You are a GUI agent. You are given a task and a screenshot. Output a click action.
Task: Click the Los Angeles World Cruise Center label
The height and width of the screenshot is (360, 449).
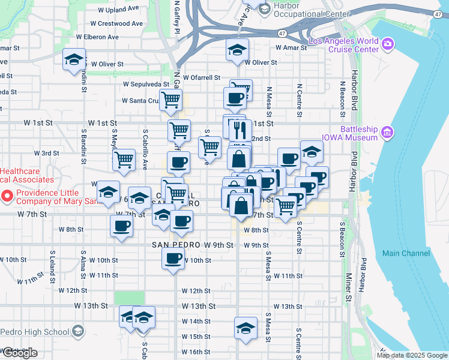click(343, 46)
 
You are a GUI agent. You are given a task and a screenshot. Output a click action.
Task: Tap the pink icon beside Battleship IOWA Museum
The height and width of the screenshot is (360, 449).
click(388, 131)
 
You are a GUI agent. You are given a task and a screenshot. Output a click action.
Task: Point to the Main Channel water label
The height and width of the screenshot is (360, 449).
click(406, 253)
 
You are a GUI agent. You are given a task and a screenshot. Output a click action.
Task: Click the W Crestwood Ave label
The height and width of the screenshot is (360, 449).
click(117, 23)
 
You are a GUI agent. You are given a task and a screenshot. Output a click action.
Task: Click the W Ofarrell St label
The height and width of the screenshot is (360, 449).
click(202, 77)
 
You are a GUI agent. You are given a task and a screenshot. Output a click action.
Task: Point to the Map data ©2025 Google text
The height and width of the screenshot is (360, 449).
click(411, 355)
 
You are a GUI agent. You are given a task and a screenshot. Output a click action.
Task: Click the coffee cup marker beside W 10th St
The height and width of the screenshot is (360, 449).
click(173, 259)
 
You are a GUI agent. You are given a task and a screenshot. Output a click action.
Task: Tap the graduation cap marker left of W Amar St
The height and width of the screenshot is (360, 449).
click(237, 49)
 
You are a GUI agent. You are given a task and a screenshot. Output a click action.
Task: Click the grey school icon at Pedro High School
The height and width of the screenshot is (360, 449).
click(77, 331)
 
